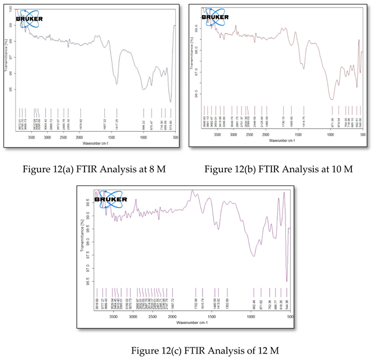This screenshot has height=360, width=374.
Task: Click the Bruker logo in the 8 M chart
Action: point(29,17)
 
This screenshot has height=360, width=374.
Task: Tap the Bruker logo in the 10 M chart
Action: point(215,16)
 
